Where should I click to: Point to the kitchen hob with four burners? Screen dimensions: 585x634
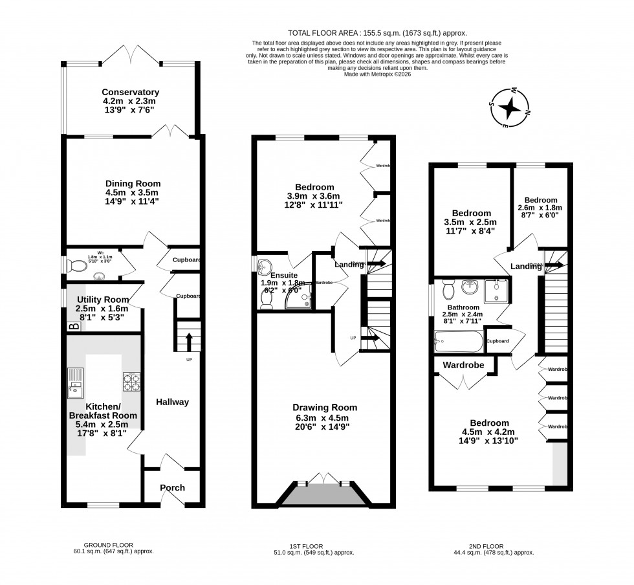click(x=132, y=382)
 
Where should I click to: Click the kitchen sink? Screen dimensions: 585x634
click(x=75, y=382)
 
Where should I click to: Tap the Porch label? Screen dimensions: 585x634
click(x=171, y=488)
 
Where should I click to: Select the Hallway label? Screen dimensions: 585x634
click(x=173, y=402)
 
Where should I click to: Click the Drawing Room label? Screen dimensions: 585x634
click(x=324, y=408)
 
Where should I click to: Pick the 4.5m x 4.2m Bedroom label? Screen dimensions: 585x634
click(x=489, y=423)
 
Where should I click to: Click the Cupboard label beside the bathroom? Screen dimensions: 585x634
click(x=497, y=341)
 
